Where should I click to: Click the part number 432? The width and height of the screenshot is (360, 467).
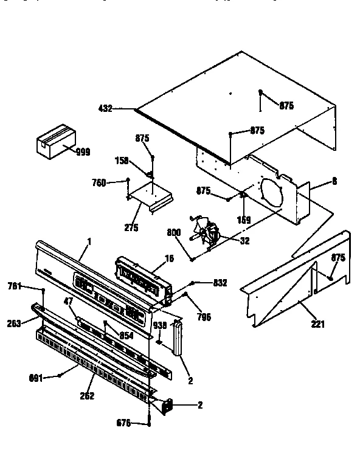point(105,109)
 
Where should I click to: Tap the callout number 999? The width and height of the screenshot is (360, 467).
point(83,152)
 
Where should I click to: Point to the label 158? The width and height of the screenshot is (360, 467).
point(122,161)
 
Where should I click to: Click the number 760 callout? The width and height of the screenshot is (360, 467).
point(99,182)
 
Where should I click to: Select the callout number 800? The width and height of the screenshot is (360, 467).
point(175,231)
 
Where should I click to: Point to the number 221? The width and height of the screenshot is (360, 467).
point(317,323)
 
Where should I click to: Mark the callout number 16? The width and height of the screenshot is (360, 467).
point(169,258)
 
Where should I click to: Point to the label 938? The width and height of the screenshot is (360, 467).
point(159,325)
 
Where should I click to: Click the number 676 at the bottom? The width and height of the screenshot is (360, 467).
point(124,423)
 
